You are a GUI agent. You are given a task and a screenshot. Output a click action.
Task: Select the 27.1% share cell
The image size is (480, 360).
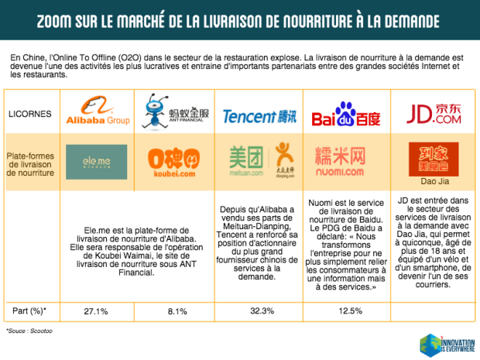click(x=96, y=310)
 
